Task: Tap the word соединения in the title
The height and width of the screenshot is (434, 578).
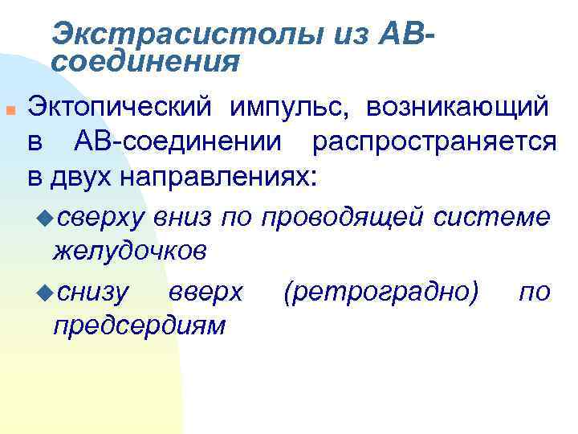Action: pyautogui.click(x=145, y=60)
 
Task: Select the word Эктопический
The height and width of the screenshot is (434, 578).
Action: pyautogui.click(x=119, y=106)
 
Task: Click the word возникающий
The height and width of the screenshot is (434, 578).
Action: pyautogui.click(x=458, y=106)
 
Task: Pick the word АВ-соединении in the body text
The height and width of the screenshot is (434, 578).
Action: pyautogui.click(x=177, y=142)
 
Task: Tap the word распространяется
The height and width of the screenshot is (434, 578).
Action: pyautogui.click(x=434, y=142)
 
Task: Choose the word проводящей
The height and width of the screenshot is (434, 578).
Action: pyautogui.click(x=343, y=216)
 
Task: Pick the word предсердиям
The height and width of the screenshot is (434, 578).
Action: pyautogui.click(x=138, y=326)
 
